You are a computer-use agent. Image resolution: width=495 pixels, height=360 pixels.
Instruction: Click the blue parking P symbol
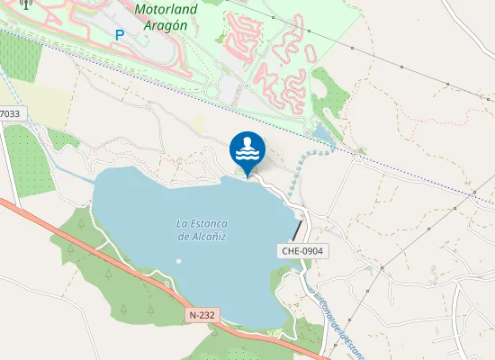point(120,34)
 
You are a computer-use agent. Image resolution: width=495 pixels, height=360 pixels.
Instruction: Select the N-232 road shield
point(202,315)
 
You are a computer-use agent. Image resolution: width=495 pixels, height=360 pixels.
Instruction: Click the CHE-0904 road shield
point(301,252)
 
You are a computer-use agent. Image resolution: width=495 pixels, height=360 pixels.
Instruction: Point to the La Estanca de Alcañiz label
point(201,229)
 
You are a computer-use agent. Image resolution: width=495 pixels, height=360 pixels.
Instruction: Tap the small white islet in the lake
point(178,262)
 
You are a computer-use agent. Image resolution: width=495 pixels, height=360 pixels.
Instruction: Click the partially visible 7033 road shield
point(10,114)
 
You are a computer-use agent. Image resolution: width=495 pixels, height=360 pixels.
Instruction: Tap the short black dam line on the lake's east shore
point(298,229)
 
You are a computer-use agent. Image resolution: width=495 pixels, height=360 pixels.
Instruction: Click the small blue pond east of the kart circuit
point(320,136)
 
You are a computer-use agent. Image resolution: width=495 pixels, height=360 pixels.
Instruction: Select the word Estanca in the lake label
point(208,223)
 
